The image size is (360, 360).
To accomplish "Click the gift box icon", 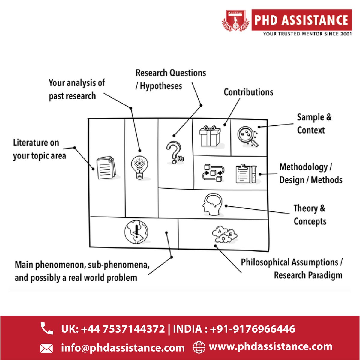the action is (210, 136).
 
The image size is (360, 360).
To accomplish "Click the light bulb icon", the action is (139, 167).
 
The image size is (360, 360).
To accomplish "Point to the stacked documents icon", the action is (106, 167).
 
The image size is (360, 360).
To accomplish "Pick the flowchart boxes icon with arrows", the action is (213, 173).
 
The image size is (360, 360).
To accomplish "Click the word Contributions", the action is (248, 92).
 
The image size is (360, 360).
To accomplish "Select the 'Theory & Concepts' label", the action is (310, 215).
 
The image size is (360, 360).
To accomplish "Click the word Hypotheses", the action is (161, 86).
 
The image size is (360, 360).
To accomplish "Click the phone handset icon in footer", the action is (47, 328).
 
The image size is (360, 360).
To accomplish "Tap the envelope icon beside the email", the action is (46, 348).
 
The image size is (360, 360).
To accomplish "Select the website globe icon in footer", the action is (199, 347).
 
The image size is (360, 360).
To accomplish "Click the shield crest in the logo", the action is (235, 20).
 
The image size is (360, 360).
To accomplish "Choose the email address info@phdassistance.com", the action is (123, 348).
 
